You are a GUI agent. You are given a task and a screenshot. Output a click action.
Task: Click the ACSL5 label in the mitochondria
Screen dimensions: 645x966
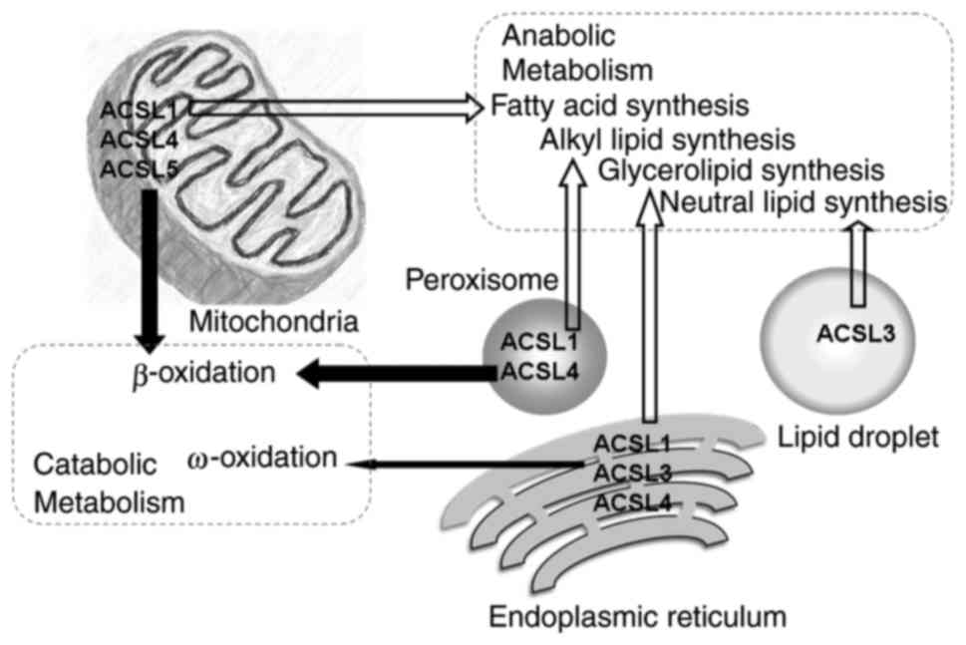coord(139,170)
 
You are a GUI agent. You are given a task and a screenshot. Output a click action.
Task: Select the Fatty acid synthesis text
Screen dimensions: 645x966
coord(619,105)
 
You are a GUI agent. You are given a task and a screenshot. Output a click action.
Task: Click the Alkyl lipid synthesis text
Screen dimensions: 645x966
coord(667,138)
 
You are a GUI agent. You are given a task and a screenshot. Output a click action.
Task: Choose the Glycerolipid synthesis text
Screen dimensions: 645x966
coord(742,169)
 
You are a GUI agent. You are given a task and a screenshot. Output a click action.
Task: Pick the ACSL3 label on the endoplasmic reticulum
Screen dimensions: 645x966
coord(633,472)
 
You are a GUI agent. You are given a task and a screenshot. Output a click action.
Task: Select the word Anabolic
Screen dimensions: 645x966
coord(559,37)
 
